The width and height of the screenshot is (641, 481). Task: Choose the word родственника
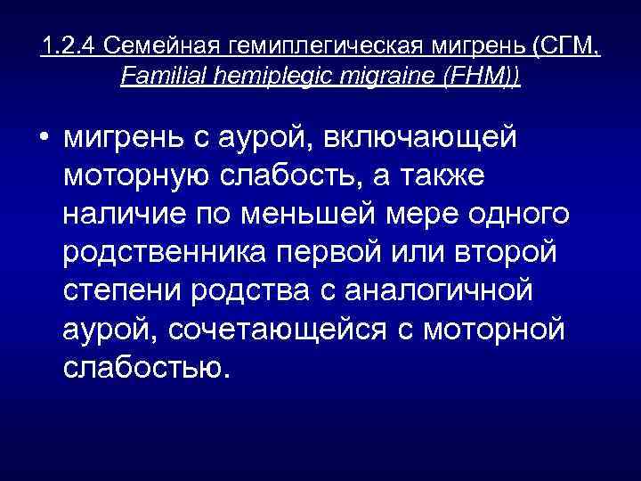[167, 253]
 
